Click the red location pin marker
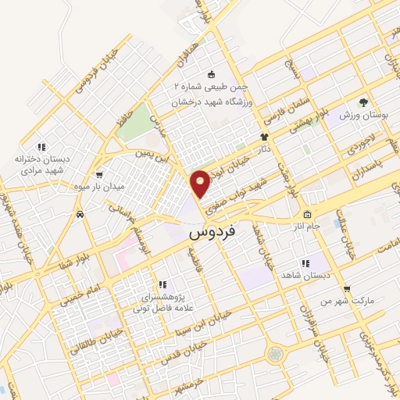201,182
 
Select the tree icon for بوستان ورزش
362,102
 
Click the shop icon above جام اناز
307,215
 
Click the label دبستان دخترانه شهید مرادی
43,163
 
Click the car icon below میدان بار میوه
80,212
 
